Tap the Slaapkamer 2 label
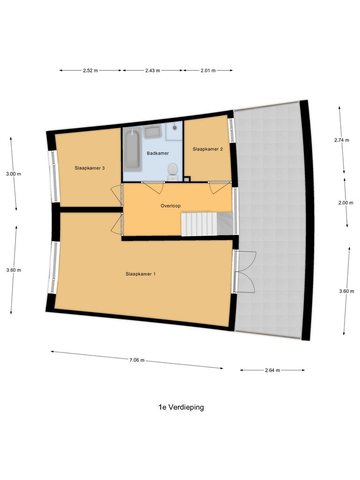click(207, 149)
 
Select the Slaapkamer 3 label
click(90, 167)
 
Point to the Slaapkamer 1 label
click(141, 274)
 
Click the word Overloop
click(171, 205)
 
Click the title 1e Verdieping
click(181, 407)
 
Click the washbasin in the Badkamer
click(152, 132)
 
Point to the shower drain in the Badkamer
click(174, 127)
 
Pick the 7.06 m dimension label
click(137, 360)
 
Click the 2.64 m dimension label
click(272, 370)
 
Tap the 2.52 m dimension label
click(90, 71)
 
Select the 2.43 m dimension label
click(152, 71)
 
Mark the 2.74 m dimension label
click(341, 140)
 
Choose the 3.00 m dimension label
click(14, 174)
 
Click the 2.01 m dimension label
click(208, 71)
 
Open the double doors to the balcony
click(245, 271)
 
